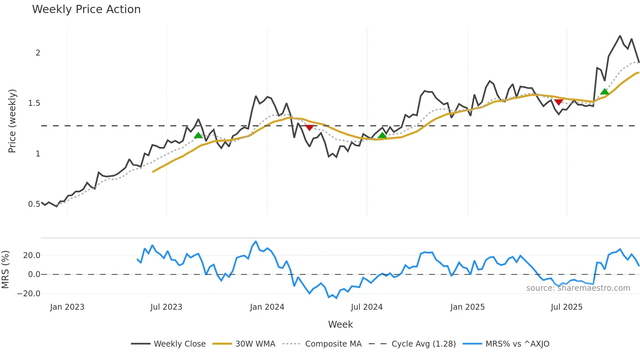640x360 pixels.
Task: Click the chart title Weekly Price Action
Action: coord(86,9)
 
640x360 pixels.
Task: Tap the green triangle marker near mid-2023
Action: coord(198,135)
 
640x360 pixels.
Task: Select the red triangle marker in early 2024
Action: coord(309,127)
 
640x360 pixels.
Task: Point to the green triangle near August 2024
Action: coord(382,135)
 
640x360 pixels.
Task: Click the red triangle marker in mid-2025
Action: coord(559,102)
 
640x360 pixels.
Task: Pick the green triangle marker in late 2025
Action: coord(604,91)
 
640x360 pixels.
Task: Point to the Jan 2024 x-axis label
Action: coord(267,307)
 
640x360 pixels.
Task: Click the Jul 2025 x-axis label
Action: coord(567,307)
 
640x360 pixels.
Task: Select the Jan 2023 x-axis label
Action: coord(67,307)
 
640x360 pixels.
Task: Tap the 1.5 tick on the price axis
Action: coord(34,103)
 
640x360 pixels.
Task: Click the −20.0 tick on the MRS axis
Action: coord(29,293)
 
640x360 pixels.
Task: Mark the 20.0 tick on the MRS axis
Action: coord(32,255)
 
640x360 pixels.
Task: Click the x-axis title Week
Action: coord(340,324)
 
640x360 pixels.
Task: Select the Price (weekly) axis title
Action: coord(12,121)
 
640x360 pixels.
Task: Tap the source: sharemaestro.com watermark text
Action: coord(578,288)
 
